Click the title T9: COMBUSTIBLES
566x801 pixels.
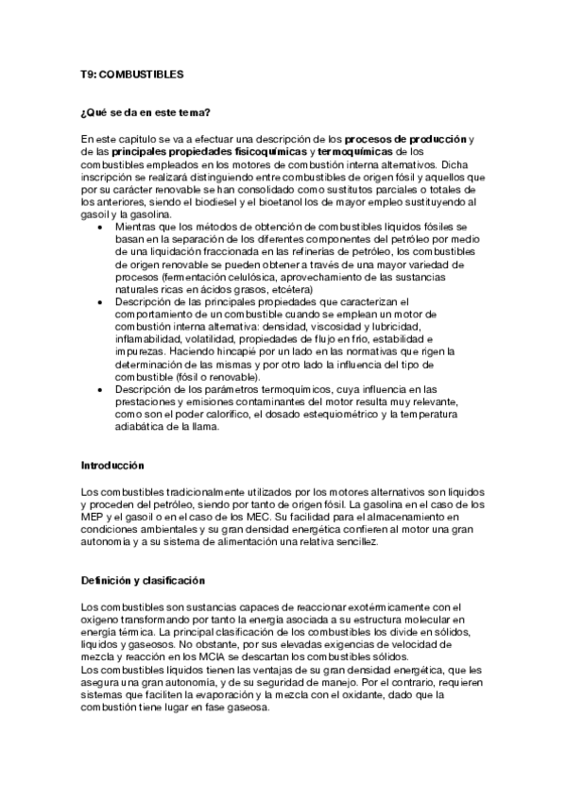[131, 73]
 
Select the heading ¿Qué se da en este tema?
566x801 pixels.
[146, 112]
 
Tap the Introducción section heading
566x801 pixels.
[112, 465]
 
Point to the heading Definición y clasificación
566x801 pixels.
[143, 579]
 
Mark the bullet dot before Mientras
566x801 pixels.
[102, 228]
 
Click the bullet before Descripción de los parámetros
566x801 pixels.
[102, 388]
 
